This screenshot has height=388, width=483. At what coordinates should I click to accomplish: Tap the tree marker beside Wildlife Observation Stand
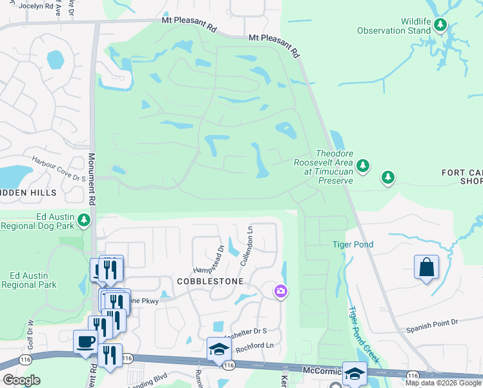[x=440, y=25]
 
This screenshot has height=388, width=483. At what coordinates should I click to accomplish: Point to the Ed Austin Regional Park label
[x=28, y=280]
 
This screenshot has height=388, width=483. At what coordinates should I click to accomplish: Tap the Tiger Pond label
[x=353, y=244]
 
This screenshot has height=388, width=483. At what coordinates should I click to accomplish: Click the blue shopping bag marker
[x=426, y=266]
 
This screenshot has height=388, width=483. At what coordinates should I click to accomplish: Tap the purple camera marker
[x=280, y=292]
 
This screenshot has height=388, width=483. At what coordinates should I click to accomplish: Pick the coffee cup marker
[x=85, y=341]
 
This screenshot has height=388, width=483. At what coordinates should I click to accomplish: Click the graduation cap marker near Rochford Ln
[x=219, y=349]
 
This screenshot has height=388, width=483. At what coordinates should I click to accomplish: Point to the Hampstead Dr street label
[x=207, y=259]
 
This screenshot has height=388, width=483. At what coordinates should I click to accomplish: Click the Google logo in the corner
[x=21, y=380]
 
